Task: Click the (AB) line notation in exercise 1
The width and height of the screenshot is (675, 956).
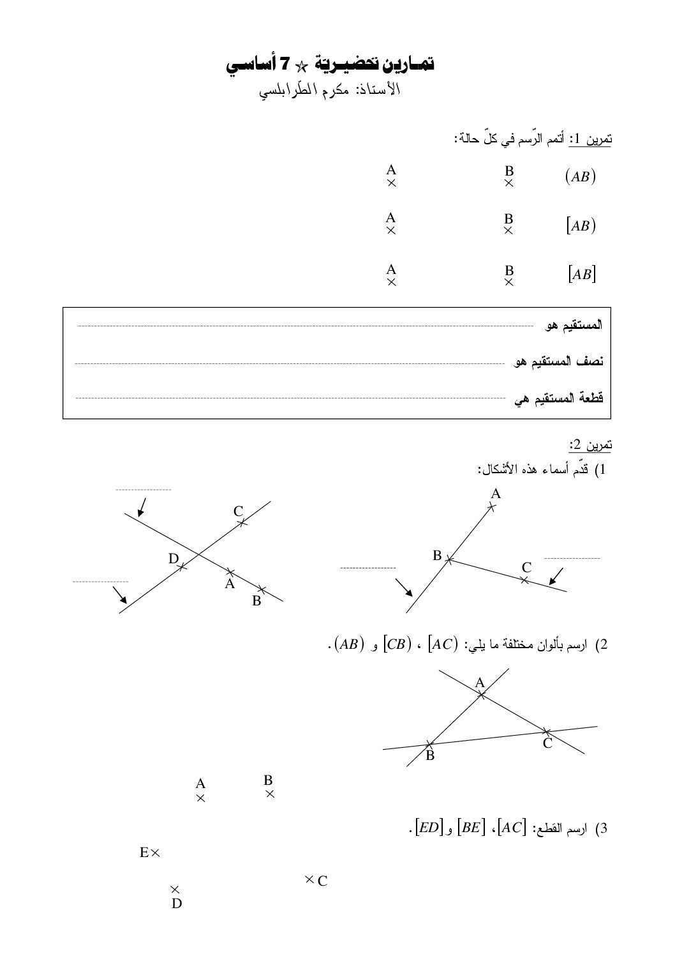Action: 580,177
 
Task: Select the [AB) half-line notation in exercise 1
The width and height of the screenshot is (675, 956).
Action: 580,225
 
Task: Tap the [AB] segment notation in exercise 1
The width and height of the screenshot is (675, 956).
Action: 581,275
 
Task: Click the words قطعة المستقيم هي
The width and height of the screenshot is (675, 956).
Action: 559,398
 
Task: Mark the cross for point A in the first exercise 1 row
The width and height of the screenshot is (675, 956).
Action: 392,183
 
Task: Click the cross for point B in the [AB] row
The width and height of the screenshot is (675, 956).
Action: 508,282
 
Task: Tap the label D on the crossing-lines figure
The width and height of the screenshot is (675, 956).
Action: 173,559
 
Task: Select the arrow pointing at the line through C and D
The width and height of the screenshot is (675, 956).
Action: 119,595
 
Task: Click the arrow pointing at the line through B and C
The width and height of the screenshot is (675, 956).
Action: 556,576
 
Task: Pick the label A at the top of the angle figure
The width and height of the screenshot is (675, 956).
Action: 496,494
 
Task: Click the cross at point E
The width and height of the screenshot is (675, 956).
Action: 155,852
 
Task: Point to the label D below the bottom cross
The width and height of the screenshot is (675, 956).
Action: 177,904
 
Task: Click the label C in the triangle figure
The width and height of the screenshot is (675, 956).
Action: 547,743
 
